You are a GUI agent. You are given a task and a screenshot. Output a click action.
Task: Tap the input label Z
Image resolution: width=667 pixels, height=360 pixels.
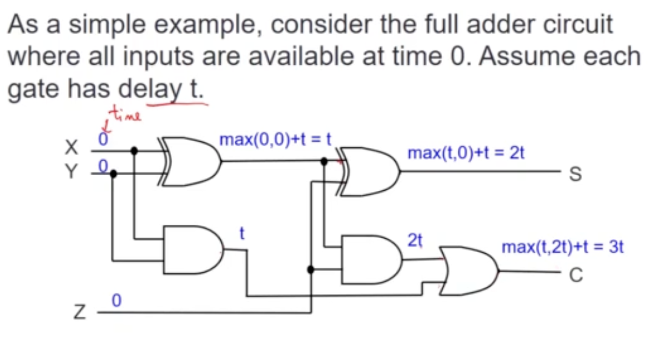tap(78, 314)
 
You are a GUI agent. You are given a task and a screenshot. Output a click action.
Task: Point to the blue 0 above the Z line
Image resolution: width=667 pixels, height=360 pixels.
tap(117, 300)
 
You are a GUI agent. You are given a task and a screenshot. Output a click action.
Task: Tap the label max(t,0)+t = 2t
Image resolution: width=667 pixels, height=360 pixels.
tap(466, 152)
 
